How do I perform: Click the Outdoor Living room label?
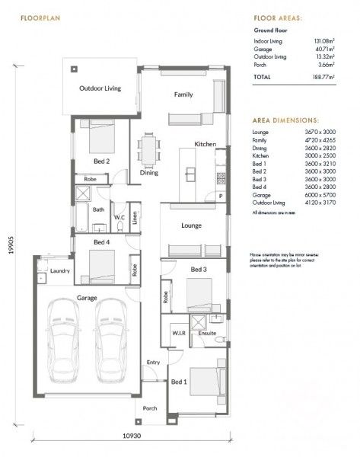coord(100,88)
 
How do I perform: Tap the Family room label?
coord(183,95)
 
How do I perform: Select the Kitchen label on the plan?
coord(205,144)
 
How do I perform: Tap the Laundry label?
coord(60,271)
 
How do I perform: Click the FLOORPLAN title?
coord(40,17)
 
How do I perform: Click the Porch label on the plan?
coord(150,408)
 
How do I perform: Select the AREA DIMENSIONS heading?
coord(286,120)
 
